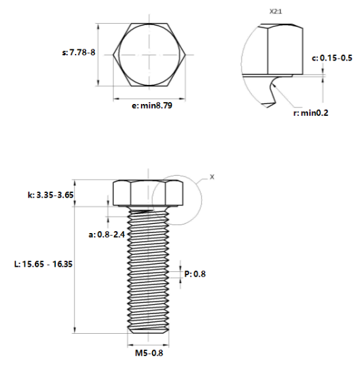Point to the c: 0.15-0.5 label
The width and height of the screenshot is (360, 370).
click(x=332, y=58)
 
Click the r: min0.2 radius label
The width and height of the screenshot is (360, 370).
click(x=311, y=113)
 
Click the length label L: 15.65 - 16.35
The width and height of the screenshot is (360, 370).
click(x=43, y=263)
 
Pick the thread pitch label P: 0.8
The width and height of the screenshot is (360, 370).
click(x=195, y=275)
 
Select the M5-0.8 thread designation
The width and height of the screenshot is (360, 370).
click(x=149, y=352)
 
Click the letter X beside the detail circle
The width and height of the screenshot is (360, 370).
click(x=211, y=176)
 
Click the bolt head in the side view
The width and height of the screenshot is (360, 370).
click(x=149, y=193)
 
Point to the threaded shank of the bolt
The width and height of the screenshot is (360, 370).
click(x=149, y=270)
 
